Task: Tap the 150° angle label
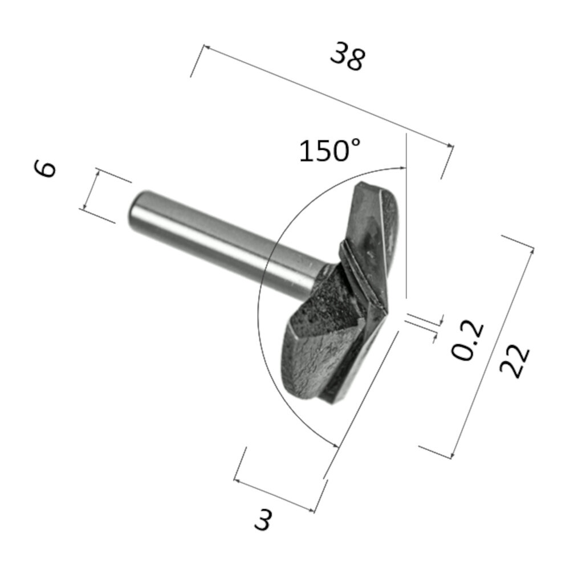(x=329, y=152)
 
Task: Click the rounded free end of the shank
(x=132, y=209)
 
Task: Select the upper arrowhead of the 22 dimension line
(x=531, y=248)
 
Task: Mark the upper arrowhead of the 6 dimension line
(x=98, y=173)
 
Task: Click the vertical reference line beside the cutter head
(x=406, y=228)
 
